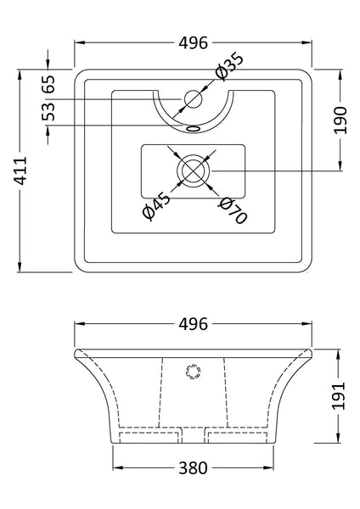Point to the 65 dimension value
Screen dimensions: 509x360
pos(48,84)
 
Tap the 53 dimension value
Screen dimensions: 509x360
pos(48,112)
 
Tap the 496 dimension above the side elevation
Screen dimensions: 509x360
pos(194,324)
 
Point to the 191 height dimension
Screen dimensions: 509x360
pos(339,394)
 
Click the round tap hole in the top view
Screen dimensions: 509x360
pos(193,99)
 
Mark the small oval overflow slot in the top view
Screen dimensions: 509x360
pos(194,129)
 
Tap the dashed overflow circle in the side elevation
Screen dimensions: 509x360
pos(193,371)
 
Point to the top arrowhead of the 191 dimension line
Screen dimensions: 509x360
pos(339,352)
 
